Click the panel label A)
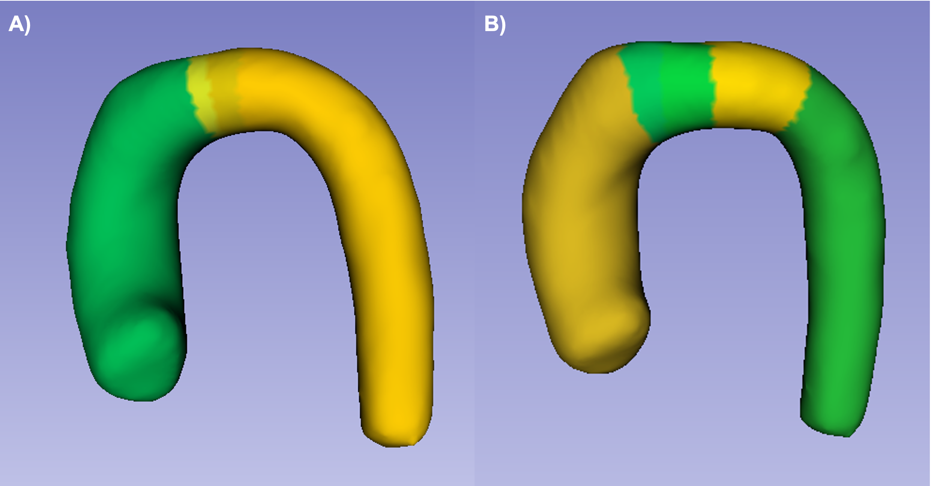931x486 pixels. (20, 25)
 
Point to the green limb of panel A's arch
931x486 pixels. (124, 225)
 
